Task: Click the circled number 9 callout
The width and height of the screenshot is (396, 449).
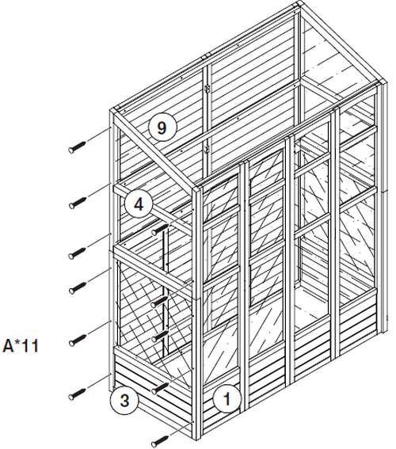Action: pyautogui.click(x=162, y=127)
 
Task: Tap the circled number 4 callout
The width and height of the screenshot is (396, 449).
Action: pyautogui.click(x=139, y=204)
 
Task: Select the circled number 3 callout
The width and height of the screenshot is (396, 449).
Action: pyautogui.click(x=124, y=400)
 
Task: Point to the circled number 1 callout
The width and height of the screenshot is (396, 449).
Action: pyautogui.click(x=227, y=398)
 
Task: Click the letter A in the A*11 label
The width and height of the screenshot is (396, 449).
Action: pyautogui.click(x=8, y=345)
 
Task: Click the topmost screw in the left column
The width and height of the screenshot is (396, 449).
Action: pyautogui.click(x=77, y=146)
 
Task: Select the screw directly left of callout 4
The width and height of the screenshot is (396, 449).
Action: pyautogui.click(x=78, y=202)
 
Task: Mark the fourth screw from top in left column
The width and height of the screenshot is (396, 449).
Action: pyautogui.click(x=78, y=287)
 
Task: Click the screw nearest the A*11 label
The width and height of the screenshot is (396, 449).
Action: pyautogui.click(x=78, y=340)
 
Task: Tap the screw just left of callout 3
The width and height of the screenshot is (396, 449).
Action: pyautogui.click(x=77, y=393)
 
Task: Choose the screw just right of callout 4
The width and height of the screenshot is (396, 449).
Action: pyautogui.click(x=159, y=230)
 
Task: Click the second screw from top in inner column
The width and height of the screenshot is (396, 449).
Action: pyautogui.click(x=159, y=302)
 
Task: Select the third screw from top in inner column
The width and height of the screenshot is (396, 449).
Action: pyautogui.click(x=160, y=336)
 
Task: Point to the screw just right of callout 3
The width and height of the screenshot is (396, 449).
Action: pyautogui.click(x=160, y=388)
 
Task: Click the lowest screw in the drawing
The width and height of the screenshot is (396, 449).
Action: pyautogui.click(x=160, y=441)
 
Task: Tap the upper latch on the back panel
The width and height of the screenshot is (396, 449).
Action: pyautogui.click(x=208, y=89)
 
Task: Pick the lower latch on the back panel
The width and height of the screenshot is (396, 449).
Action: pyautogui.click(x=208, y=149)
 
